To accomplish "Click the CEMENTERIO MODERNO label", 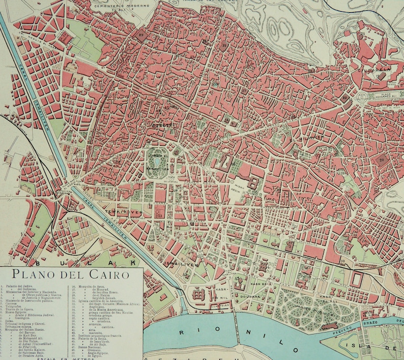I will coord(116,6).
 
